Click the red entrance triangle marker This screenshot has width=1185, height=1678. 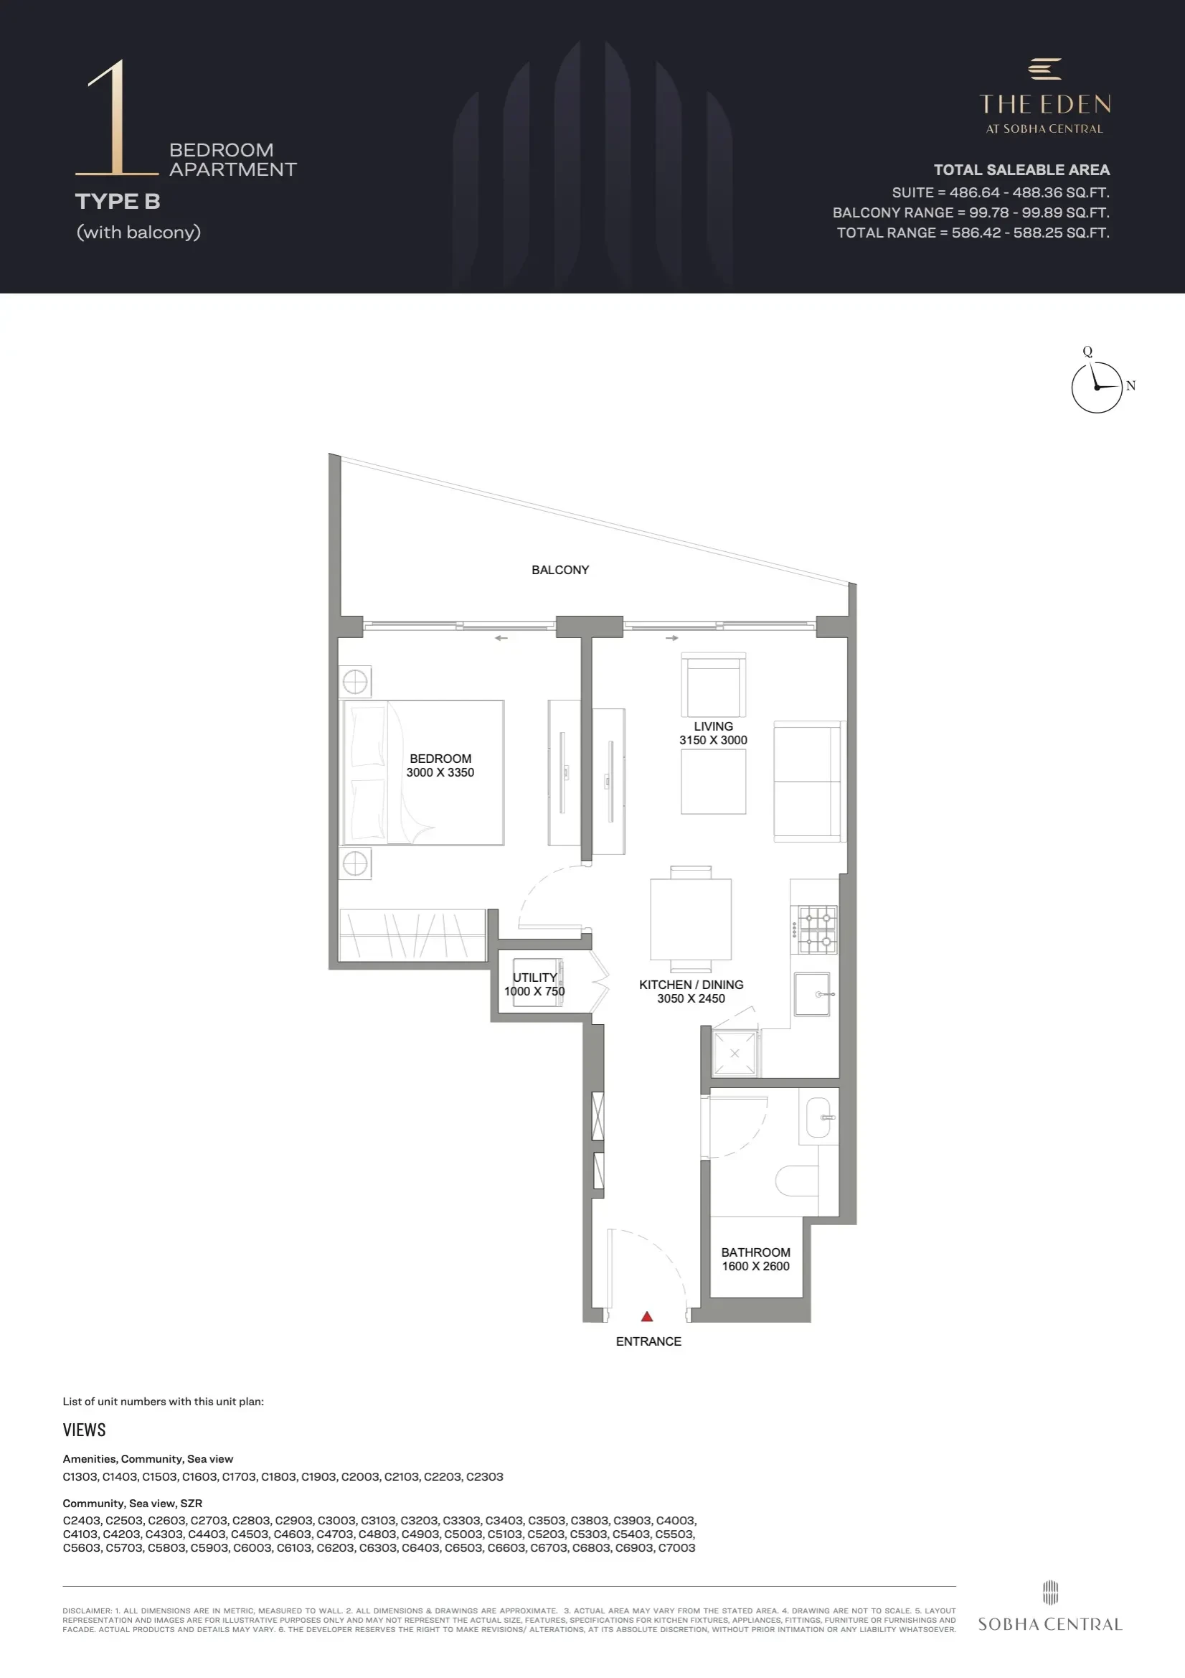(x=646, y=1316)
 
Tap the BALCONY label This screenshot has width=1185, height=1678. (x=560, y=570)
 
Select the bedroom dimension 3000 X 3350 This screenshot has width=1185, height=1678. (x=440, y=772)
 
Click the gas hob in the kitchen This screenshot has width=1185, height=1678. (x=817, y=929)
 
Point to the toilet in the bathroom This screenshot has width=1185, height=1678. (x=796, y=1181)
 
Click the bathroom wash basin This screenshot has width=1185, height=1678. (x=819, y=1118)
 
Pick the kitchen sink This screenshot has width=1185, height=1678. (x=813, y=994)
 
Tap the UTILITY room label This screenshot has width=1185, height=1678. (x=535, y=978)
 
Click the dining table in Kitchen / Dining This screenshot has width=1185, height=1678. (x=691, y=919)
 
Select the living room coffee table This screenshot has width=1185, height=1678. (x=714, y=782)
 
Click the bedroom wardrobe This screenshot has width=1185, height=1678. (x=412, y=935)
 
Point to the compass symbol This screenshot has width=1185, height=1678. (x=1097, y=388)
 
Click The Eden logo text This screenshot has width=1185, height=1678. (x=1044, y=105)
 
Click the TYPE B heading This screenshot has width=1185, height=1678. (x=118, y=202)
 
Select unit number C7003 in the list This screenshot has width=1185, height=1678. (x=676, y=1548)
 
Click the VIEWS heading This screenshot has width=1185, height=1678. (x=84, y=1430)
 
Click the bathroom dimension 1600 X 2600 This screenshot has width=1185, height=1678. (x=756, y=1267)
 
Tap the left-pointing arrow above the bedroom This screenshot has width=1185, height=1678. (x=501, y=638)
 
